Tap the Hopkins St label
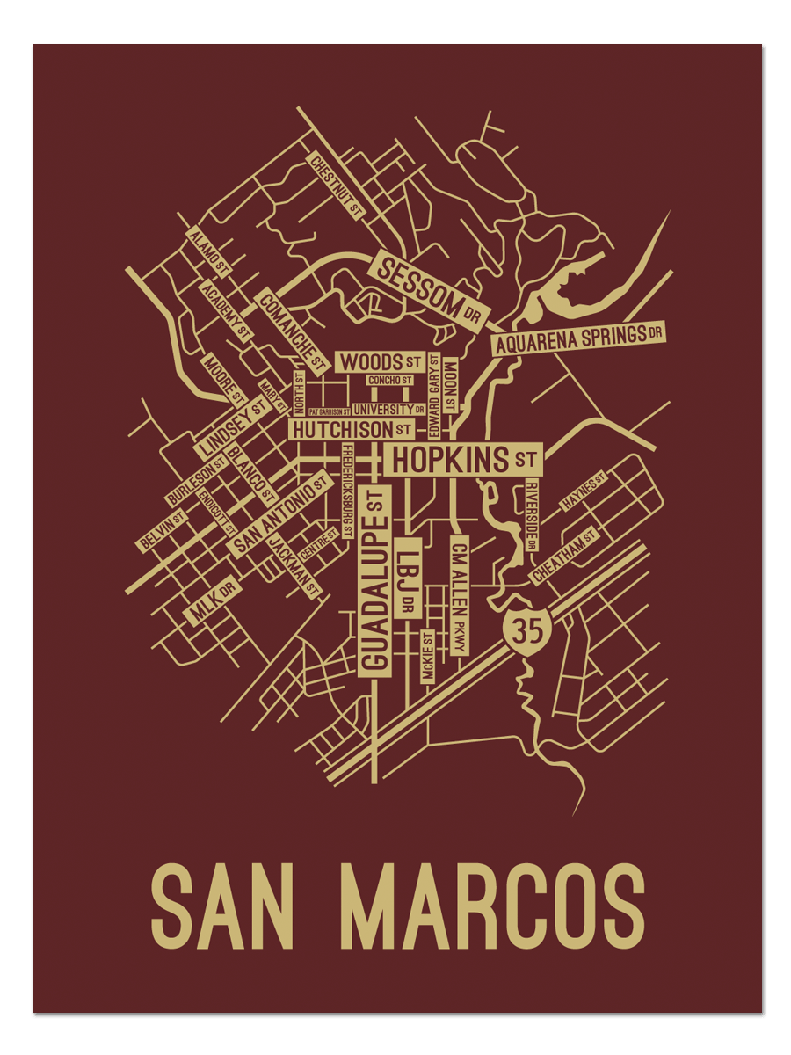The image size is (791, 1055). [x=462, y=459]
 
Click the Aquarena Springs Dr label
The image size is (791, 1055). [x=578, y=338]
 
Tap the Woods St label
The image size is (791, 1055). [x=380, y=361]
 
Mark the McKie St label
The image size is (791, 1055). [x=428, y=656]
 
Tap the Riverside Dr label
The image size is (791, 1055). [x=531, y=515]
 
